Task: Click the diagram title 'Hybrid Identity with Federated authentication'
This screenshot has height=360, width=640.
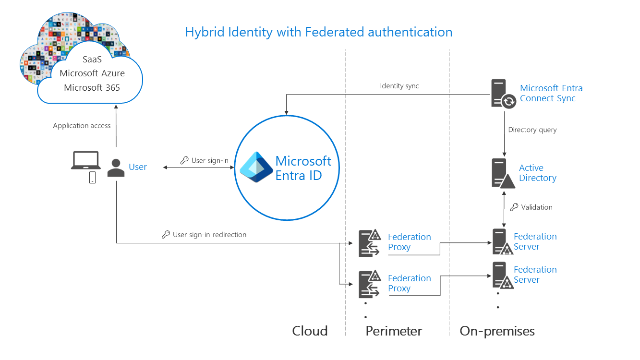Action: pyautogui.click(x=319, y=32)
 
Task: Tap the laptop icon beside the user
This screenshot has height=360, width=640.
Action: pyautogui.click(x=85, y=160)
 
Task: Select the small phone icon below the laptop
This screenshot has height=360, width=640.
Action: pyautogui.click(x=93, y=178)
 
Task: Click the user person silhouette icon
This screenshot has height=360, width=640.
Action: pyautogui.click(x=116, y=168)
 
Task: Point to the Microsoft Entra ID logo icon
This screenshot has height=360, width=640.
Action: pyautogui.click(x=256, y=167)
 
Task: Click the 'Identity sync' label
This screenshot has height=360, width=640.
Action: pyautogui.click(x=399, y=86)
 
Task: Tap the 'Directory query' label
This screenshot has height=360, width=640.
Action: pyautogui.click(x=532, y=130)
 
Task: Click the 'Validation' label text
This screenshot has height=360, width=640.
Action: pyautogui.click(x=536, y=207)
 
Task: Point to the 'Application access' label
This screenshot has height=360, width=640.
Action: pyautogui.click(x=82, y=126)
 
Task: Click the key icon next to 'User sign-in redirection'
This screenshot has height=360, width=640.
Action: pyautogui.click(x=166, y=235)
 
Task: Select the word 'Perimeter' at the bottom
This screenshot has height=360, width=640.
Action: pyautogui.click(x=394, y=331)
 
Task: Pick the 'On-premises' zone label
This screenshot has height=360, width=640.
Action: pyautogui.click(x=497, y=331)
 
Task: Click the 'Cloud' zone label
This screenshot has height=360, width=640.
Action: pyautogui.click(x=310, y=331)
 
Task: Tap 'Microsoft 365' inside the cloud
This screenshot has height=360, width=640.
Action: pyautogui.click(x=92, y=88)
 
